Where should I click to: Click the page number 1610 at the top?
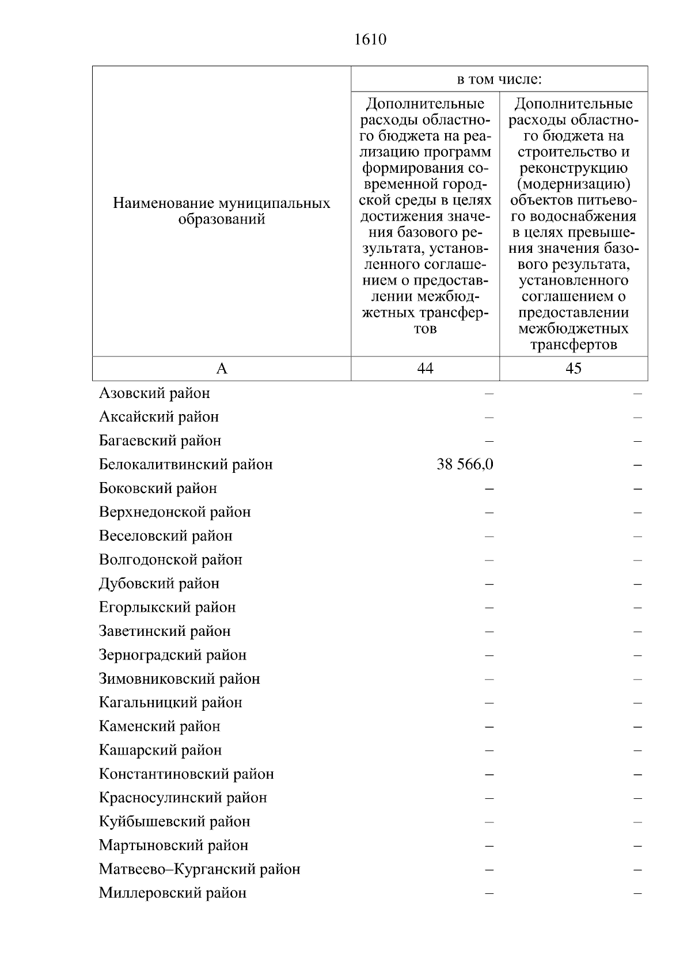tap(370, 40)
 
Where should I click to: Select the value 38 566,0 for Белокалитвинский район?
tap(465, 465)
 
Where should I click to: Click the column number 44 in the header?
tap(425, 369)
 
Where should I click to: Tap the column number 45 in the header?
tap(574, 369)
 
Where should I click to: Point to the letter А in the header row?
tap(222, 369)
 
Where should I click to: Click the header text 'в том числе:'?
tap(499, 79)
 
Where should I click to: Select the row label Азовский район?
tap(154, 393)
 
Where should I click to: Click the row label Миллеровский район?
tap(173, 893)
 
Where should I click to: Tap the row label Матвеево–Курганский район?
tap(199, 869)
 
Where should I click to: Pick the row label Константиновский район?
tap(186, 774)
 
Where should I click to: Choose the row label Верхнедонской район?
tap(174, 512)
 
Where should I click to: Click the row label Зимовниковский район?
tap(179, 679)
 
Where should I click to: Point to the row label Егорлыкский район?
tap(167, 608)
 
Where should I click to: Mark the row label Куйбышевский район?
tap(174, 822)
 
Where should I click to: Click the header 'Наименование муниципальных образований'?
tap(222, 211)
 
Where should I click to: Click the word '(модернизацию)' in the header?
tap(574, 184)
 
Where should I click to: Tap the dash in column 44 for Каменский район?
tap(489, 727)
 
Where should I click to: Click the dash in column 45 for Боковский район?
tap(637, 489)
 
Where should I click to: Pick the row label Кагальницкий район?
tap(170, 703)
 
